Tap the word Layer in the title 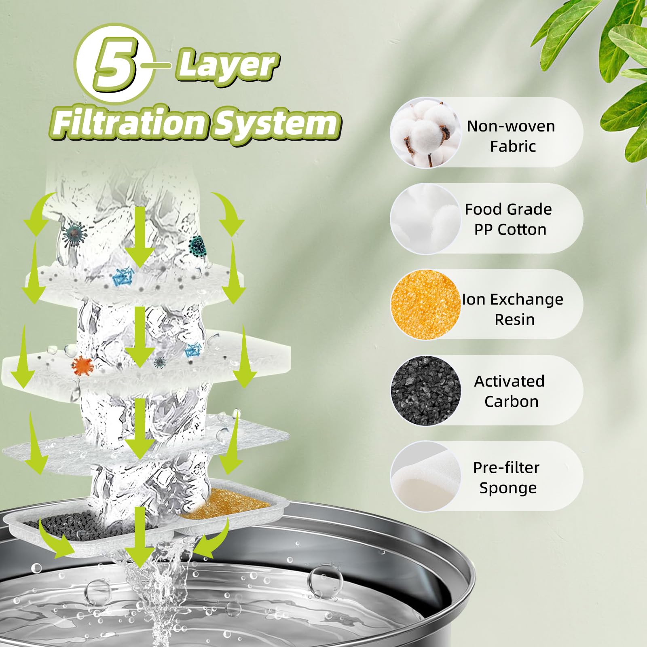226,65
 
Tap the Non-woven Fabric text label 511,136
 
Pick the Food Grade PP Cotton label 509,219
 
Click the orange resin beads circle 425,304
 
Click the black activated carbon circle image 425,391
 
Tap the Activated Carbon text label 510,391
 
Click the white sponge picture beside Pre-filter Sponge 425,476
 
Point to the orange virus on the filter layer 82,365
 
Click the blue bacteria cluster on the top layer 121,277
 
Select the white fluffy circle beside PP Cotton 425,219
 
